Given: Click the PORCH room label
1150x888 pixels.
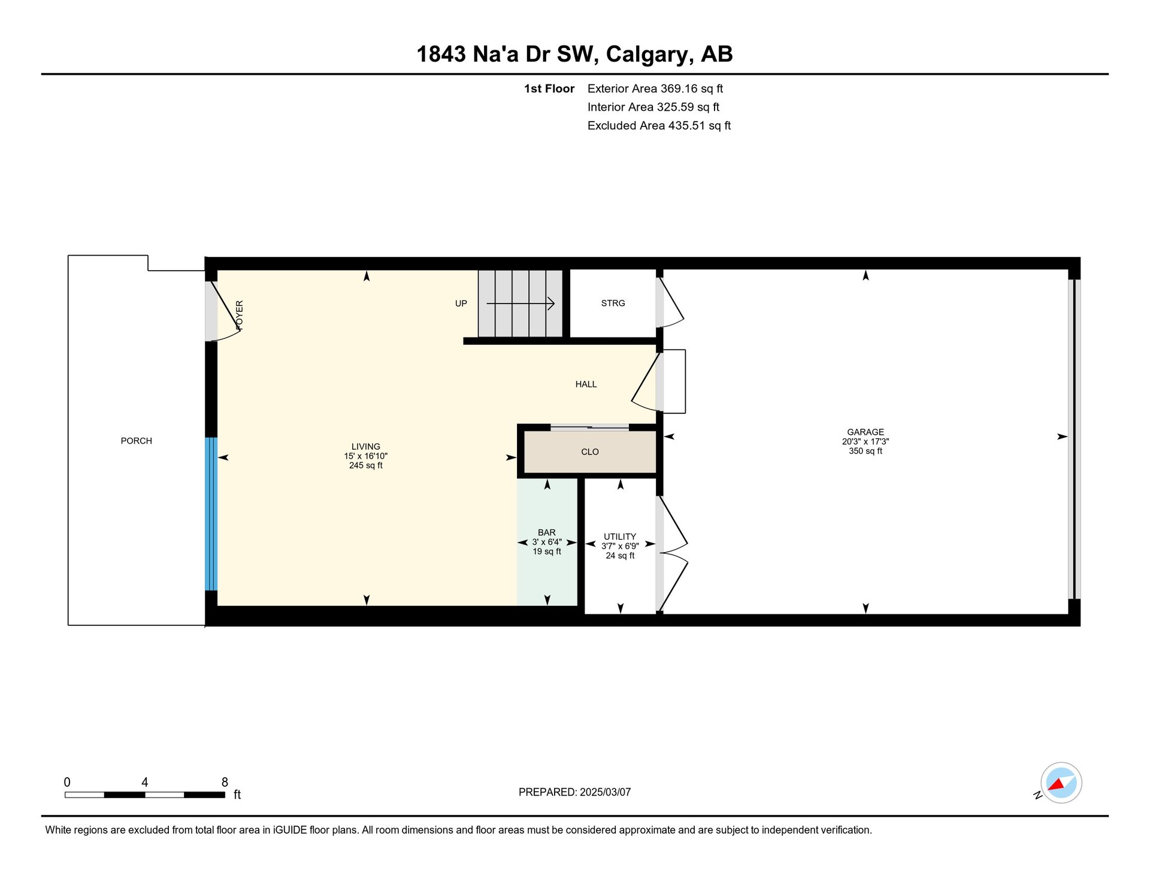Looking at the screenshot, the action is [x=137, y=441].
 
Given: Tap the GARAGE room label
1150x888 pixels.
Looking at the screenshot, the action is [x=865, y=432].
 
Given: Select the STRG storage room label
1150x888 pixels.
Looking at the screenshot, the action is [x=613, y=303].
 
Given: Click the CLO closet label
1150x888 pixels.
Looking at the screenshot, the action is [x=590, y=451].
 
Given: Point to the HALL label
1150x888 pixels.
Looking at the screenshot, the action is [x=586, y=384].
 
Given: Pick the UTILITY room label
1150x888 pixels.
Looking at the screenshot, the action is [x=620, y=537].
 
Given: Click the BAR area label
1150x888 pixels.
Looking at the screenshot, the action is [x=547, y=532].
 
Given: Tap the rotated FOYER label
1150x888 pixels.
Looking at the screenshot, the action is [x=240, y=316].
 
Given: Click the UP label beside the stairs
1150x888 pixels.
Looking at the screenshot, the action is [x=461, y=303].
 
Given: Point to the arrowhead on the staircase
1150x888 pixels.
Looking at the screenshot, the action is [x=550, y=304].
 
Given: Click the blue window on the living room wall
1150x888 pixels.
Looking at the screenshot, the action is [x=211, y=514].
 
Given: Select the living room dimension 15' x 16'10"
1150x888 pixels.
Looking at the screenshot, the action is [x=366, y=456].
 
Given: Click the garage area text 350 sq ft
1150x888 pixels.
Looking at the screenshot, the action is [x=865, y=451].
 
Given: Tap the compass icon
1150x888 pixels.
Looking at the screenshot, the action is [x=1061, y=783].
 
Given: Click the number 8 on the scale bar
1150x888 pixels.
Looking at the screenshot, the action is [x=225, y=782].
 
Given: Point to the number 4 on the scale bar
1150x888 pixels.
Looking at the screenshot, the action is [x=144, y=782].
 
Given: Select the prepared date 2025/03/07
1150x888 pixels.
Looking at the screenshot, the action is [x=605, y=792].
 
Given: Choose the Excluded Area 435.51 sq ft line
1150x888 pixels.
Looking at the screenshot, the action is [x=659, y=125].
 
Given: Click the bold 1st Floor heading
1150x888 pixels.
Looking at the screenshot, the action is [x=549, y=89].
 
